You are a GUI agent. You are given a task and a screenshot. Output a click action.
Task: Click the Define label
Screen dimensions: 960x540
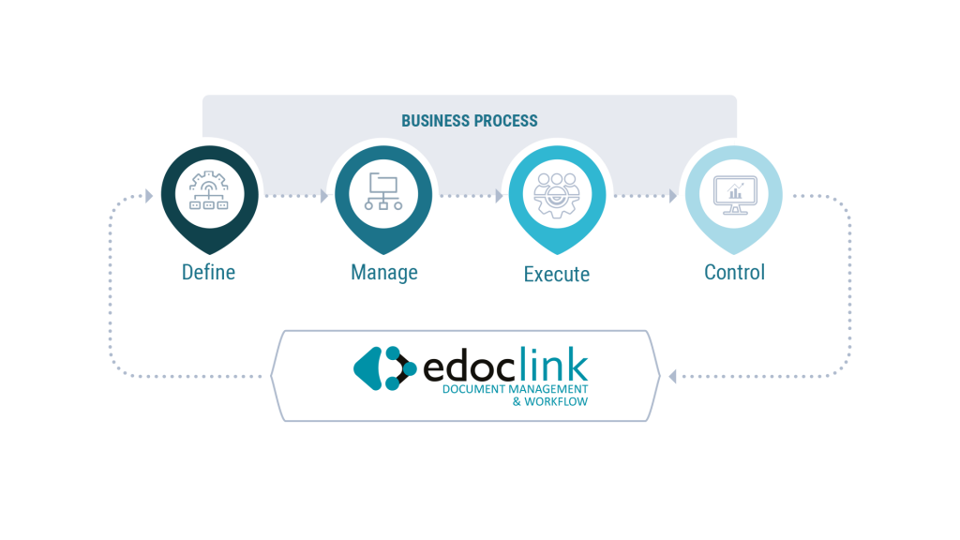208,272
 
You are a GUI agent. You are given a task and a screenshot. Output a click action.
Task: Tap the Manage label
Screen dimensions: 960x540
383,273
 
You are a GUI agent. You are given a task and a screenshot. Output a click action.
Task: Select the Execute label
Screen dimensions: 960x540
557,274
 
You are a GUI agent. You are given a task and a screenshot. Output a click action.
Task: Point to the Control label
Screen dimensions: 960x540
735,272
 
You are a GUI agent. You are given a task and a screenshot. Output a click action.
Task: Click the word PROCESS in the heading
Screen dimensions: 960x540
508,121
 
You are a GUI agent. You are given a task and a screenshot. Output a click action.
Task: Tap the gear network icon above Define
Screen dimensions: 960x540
209,191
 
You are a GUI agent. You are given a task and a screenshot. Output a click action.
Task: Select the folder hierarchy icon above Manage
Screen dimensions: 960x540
383,191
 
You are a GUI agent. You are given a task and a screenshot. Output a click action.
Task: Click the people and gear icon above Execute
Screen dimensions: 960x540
557,195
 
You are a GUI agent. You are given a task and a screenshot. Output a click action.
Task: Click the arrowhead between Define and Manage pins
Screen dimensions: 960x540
324,196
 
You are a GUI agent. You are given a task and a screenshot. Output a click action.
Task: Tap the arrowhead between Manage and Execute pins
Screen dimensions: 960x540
499,196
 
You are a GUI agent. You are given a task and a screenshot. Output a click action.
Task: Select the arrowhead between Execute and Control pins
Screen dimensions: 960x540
673,196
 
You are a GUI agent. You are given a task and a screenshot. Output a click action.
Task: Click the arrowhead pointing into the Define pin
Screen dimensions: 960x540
149,196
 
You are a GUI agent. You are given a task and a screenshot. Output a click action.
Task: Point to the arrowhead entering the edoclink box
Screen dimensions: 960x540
672,376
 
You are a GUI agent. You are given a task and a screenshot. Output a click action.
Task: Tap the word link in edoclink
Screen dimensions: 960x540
554,364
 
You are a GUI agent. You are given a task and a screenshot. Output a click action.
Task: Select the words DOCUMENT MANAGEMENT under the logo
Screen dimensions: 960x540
515,389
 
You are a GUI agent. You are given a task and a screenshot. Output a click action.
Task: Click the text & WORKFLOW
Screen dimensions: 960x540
549,401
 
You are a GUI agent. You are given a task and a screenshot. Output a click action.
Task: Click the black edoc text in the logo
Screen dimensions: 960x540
471,367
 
